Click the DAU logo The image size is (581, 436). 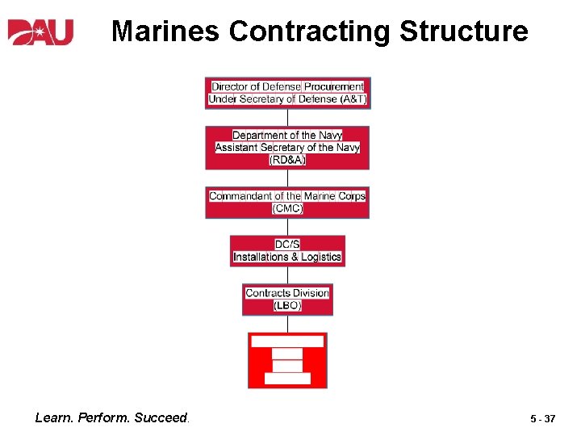[x=40, y=31]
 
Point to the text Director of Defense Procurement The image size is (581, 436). [x=287, y=86]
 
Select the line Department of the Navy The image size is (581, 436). [x=287, y=136]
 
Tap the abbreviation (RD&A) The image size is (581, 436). [x=287, y=160]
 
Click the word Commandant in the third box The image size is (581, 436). [x=240, y=196]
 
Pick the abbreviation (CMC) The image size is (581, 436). [x=287, y=208]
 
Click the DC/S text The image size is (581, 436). [x=287, y=245]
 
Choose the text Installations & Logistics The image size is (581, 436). [x=287, y=257]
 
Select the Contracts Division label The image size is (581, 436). [x=287, y=293]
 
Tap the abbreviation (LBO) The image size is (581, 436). [x=287, y=305]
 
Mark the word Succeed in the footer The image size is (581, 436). [x=161, y=418]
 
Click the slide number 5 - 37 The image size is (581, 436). [x=542, y=419]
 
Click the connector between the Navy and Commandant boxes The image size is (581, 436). [x=287, y=178]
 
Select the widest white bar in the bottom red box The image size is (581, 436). [x=287, y=342]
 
